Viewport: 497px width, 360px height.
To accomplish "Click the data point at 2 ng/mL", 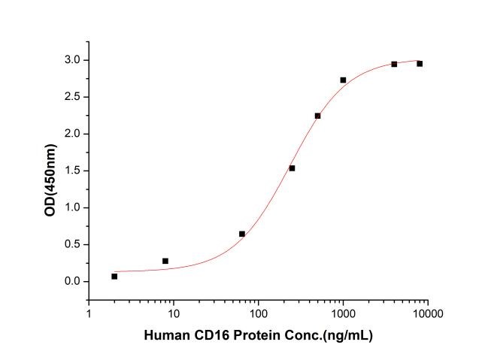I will click(x=114, y=277).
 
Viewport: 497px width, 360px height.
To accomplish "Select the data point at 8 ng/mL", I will click(x=165, y=261).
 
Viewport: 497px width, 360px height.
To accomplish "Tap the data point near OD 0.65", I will click(x=241, y=234).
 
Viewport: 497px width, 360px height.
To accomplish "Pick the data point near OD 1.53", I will click(x=292, y=168).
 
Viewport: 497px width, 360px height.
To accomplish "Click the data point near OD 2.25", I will click(x=317, y=116).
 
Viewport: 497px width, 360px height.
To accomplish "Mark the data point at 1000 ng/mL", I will click(x=343, y=80).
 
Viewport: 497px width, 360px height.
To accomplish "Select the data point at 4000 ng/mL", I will click(x=394, y=64).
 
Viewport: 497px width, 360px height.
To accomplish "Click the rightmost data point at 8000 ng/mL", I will click(x=420, y=63).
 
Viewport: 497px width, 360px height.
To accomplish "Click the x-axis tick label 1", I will click(x=89, y=314).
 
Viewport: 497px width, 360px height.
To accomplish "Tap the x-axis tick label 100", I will click(x=258, y=314).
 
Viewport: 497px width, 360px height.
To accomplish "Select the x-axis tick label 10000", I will click(x=427, y=314).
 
